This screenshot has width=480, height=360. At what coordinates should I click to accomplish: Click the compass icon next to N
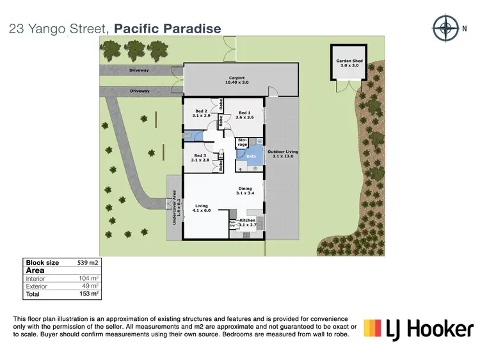443,27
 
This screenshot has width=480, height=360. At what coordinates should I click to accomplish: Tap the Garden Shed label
349,63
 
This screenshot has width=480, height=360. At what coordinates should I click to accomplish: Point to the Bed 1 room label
244,115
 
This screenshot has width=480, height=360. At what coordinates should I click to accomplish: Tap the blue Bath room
251,157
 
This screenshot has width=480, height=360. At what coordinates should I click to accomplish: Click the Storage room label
243,142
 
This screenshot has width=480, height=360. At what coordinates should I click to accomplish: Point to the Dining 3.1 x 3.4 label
246,190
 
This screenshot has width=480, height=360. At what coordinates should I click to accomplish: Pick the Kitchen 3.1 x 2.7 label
248,223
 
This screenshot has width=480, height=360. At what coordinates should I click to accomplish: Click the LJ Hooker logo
419,329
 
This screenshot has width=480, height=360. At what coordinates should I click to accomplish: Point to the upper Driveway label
139,70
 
